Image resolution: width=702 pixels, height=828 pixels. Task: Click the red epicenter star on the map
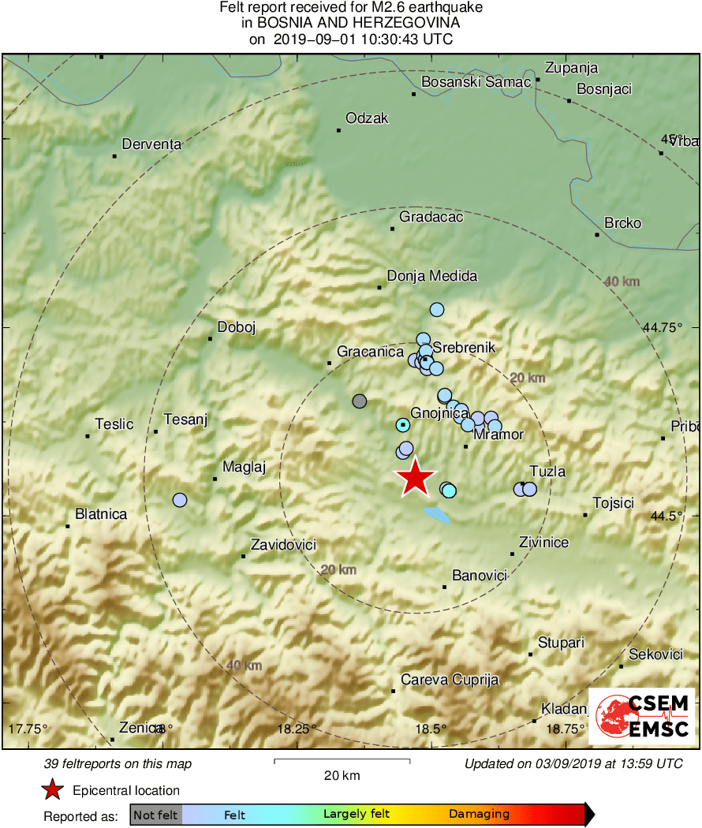[415, 478]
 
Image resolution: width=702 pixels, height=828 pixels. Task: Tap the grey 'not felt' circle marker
[360, 401]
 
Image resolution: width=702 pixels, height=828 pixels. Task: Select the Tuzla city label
[547, 472]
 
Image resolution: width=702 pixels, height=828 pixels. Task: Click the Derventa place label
[151, 144]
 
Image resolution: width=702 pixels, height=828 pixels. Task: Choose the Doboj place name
[237, 327]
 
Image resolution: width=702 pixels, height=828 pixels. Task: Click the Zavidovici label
[283, 545]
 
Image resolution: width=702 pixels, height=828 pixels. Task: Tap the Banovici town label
[479, 576]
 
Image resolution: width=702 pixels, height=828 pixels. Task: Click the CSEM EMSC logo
[642, 716]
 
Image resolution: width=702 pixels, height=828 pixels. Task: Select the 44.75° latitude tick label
[662, 327]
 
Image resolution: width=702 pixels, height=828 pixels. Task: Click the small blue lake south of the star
[437, 516]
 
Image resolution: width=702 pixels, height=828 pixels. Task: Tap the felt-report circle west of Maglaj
[180, 500]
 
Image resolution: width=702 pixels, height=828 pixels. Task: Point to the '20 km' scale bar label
[342, 775]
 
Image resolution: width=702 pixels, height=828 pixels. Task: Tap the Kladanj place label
[565, 708]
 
